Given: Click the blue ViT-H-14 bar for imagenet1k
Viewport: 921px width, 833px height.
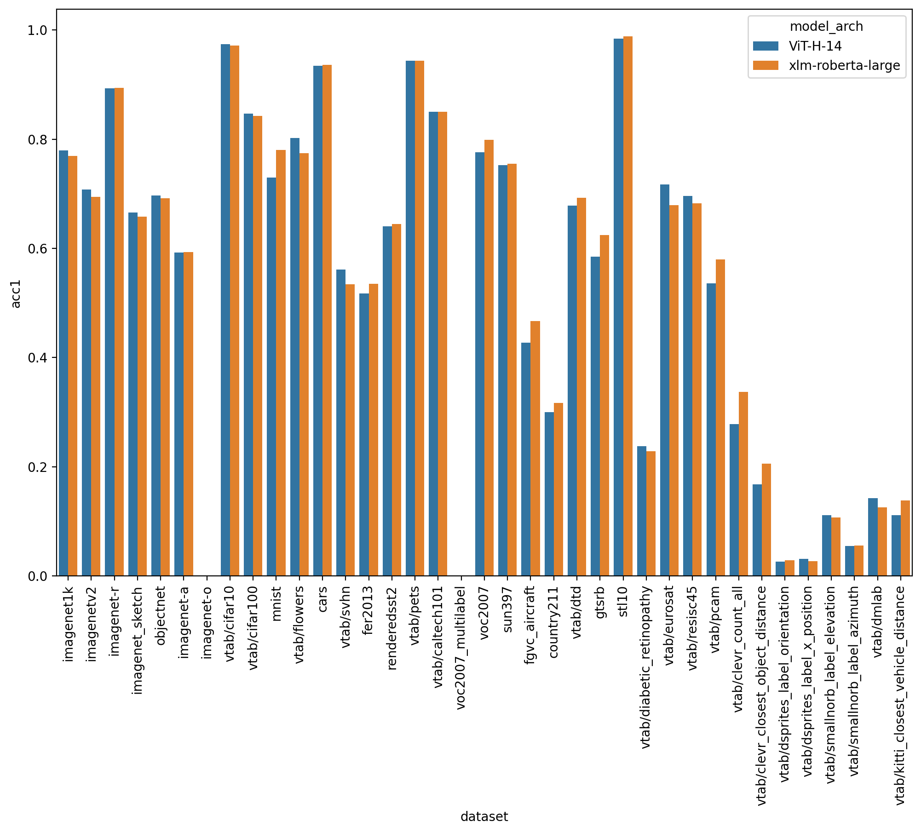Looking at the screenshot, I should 63,363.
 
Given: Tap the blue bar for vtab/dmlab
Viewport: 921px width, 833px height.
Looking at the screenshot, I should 873,537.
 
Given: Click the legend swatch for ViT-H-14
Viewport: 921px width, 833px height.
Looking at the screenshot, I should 766,46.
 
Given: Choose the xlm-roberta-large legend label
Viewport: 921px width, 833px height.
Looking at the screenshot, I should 844,65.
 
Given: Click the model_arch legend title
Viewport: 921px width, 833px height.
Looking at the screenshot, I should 826,27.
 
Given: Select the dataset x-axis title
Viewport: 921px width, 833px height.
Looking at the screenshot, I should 484,816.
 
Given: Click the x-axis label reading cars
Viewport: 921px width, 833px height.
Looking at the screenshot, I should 322,599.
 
